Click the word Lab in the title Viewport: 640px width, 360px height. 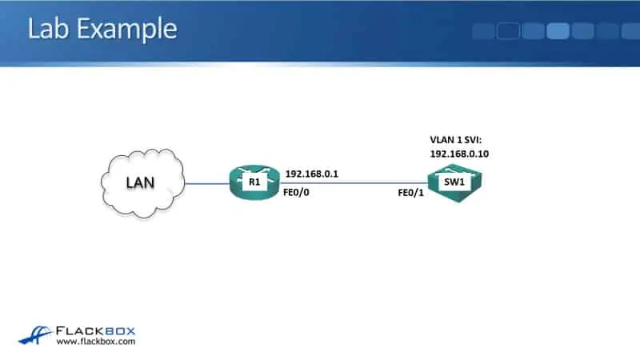coord(47,29)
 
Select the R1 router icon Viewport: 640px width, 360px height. coord(255,182)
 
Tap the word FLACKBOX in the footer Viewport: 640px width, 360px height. coord(96,329)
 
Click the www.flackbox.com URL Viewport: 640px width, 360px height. coord(95,342)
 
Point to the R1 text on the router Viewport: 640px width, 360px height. coord(255,182)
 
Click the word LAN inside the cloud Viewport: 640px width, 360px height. coord(141,182)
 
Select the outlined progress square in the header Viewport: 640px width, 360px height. coord(508,31)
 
